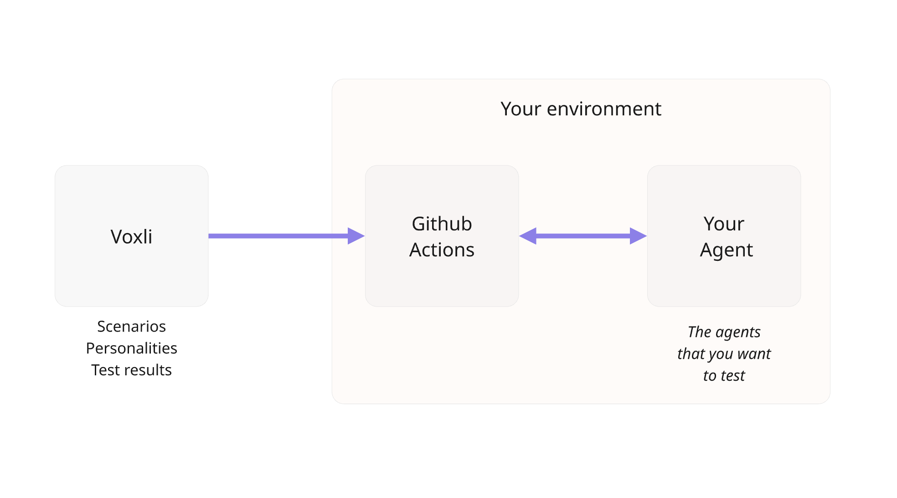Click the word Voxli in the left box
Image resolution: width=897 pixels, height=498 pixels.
(x=131, y=237)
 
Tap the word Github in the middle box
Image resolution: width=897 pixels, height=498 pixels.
(x=442, y=224)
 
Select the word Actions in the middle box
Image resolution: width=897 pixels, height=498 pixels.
(x=442, y=250)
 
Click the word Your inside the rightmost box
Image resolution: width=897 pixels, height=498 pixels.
(x=724, y=224)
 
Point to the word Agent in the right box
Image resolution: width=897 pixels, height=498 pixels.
(x=726, y=250)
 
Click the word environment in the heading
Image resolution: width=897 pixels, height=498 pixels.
(x=604, y=109)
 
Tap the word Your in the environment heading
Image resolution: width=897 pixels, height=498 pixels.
(x=521, y=109)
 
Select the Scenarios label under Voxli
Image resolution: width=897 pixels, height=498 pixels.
(x=131, y=327)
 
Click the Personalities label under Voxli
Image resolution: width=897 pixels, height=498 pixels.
(x=131, y=348)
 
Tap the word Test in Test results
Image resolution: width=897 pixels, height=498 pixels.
(x=105, y=370)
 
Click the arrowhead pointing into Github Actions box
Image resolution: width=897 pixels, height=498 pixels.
(x=356, y=236)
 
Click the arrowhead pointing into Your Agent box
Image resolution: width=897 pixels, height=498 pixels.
(x=638, y=236)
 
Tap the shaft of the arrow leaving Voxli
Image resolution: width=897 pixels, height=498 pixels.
(x=278, y=236)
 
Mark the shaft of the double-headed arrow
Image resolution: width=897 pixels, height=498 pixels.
(x=583, y=236)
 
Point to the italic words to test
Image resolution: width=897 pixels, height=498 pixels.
(x=724, y=376)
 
